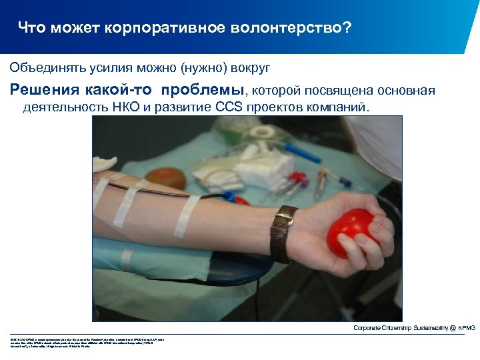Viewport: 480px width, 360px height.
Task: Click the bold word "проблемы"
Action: point(207,90)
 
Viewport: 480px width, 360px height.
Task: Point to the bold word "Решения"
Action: point(43,90)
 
